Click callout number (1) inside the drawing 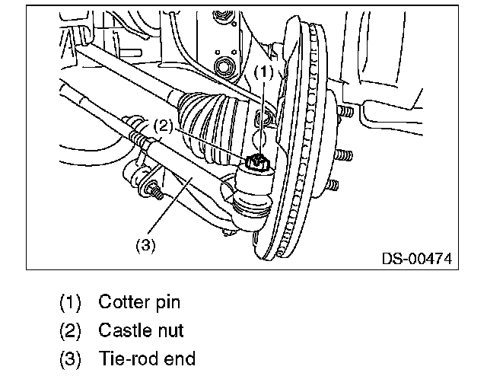click(262, 72)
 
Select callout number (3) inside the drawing click(145, 245)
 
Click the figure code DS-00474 click(416, 259)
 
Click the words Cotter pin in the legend click(138, 302)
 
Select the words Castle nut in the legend click(141, 331)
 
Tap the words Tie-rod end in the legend click(146, 359)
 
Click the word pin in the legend click(167, 302)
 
